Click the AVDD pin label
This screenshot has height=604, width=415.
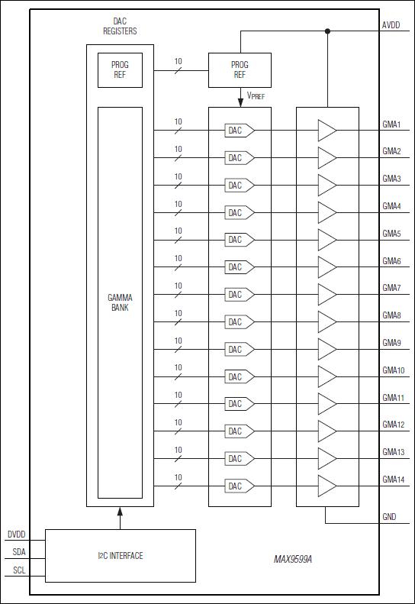(390, 26)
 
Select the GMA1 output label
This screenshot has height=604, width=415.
(391, 124)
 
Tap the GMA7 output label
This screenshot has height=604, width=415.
(391, 288)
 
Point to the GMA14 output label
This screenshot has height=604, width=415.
(394, 480)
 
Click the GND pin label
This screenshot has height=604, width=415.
(389, 517)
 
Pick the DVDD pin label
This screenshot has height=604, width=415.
(17, 535)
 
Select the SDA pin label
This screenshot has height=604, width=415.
(18, 552)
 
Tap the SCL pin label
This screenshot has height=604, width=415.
(18, 570)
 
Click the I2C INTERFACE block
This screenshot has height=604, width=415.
(121, 556)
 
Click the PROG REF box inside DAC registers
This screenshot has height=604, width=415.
(121, 70)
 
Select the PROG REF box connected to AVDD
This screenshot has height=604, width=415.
(240, 70)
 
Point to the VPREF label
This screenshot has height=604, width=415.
(255, 95)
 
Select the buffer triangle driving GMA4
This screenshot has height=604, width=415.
(327, 212)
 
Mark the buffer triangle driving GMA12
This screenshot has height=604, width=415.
(327, 431)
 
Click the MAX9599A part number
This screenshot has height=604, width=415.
(293, 560)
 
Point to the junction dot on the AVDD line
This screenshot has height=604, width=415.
(327, 31)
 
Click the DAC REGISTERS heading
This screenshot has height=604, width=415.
(121, 27)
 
